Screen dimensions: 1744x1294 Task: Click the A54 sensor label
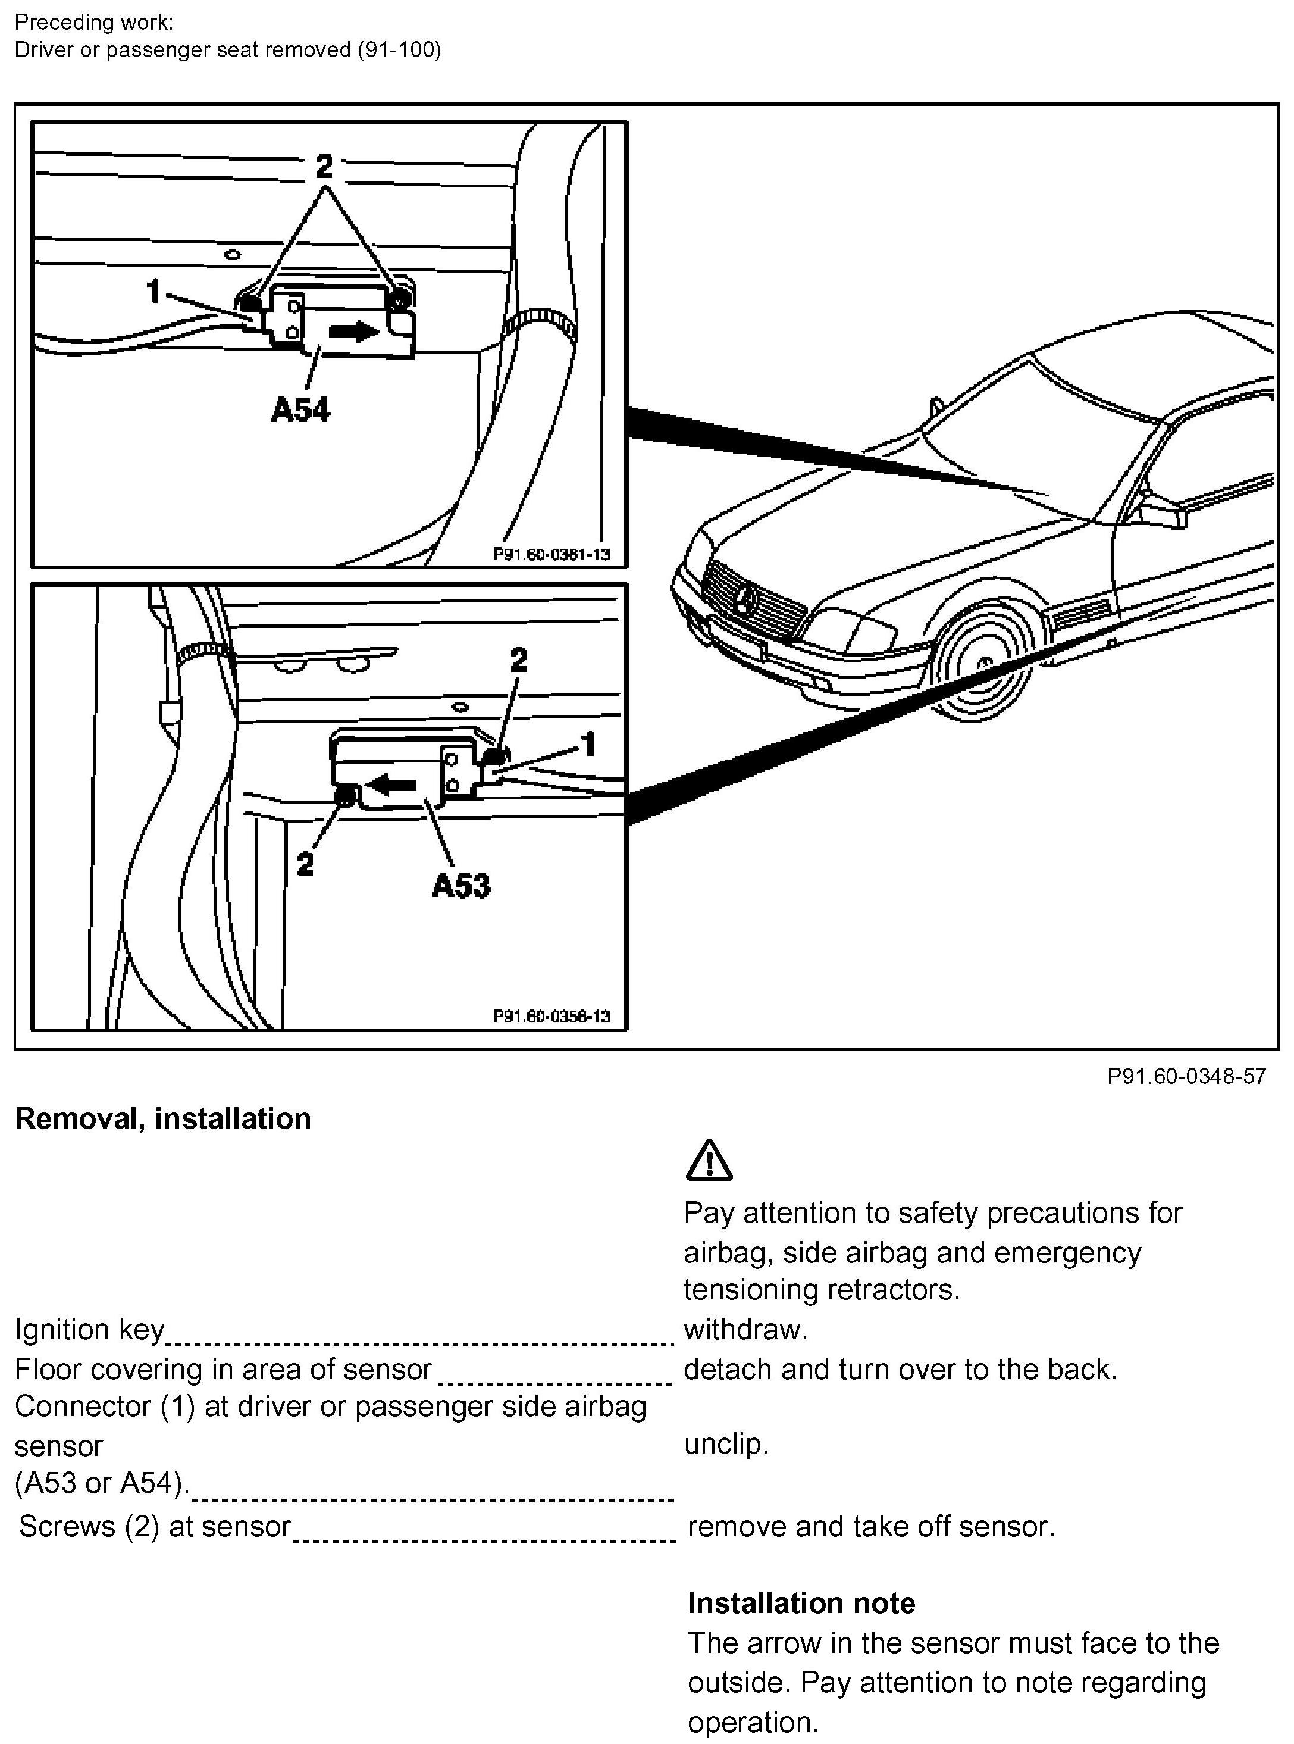301,410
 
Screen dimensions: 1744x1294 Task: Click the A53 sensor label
461,886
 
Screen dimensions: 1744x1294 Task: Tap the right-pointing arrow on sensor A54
353,332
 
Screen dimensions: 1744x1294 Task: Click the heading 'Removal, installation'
163,1118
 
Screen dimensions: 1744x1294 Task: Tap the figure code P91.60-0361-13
552,555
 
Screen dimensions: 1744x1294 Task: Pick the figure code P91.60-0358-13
552,1016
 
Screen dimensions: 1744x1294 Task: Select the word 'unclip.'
726,1444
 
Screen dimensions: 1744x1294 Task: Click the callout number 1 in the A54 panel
153,292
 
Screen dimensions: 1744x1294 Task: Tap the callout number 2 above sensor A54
324,165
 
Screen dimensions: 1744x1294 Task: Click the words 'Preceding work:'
94,22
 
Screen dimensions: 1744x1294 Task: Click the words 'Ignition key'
89,1330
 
